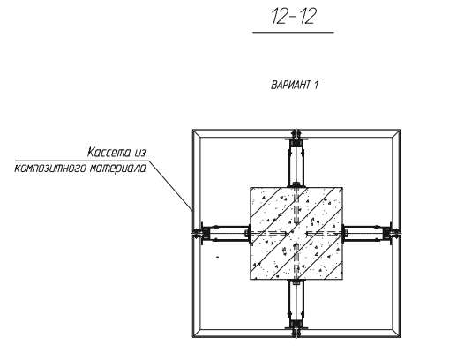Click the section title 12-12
[x=293, y=17]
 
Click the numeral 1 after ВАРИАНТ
[x=316, y=85]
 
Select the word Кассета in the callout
[x=109, y=153]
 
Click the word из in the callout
[x=140, y=153]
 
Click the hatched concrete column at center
[x=296, y=233]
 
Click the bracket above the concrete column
[x=296, y=162]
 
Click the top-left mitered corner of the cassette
[x=197, y=133]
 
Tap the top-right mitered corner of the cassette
[x=396, y=133]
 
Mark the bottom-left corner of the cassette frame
[x=193, y=336]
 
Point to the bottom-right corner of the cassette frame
[x=400, y=336]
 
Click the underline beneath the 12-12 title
[x=293, y=32]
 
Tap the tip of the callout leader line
[x=192, y=211]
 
